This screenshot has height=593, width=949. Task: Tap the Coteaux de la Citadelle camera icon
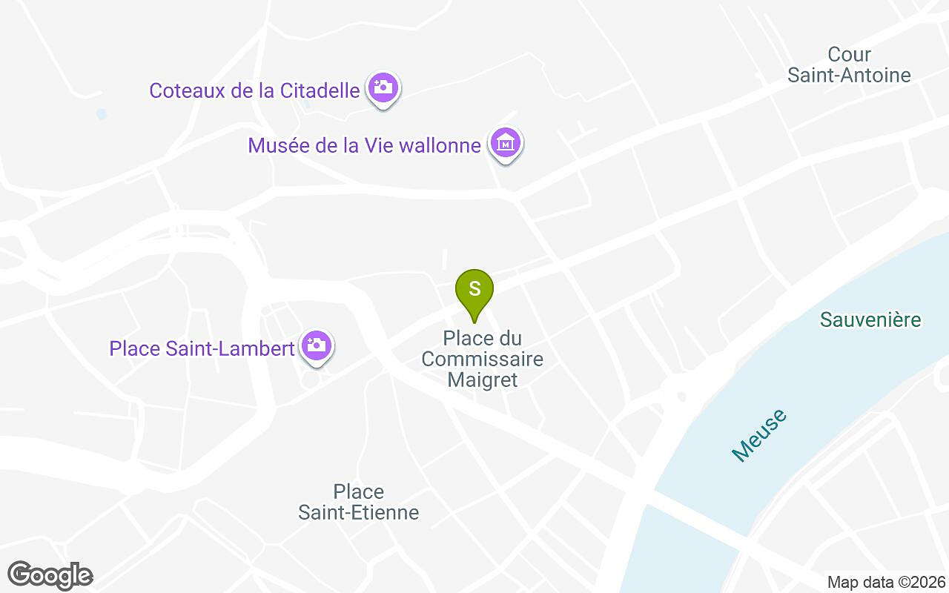(383, 88)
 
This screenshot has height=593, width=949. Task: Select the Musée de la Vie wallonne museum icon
(506, 143)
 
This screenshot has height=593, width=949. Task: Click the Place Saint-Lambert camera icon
(317, 346)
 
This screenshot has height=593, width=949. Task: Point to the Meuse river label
(758, 435)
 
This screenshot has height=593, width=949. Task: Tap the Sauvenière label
(870, 319)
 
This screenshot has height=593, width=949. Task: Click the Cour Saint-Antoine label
(849, 64)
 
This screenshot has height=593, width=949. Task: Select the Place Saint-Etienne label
(359, 502)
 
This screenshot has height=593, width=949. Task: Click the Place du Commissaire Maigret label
(482, 360)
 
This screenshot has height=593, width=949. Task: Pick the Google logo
(50, 575)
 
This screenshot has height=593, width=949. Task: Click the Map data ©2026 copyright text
(886, 582)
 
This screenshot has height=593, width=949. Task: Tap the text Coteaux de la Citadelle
(254, 90)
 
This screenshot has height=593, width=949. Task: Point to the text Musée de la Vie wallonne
(364, 145)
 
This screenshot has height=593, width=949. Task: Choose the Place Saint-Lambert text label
(202, 348)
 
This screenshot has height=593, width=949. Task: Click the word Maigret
(482, 380)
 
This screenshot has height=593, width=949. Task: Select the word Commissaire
(482, 360)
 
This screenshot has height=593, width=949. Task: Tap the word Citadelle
(320, 90)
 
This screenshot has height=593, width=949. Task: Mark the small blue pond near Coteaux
(102, 114)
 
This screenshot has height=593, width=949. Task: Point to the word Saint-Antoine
(849, 75)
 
